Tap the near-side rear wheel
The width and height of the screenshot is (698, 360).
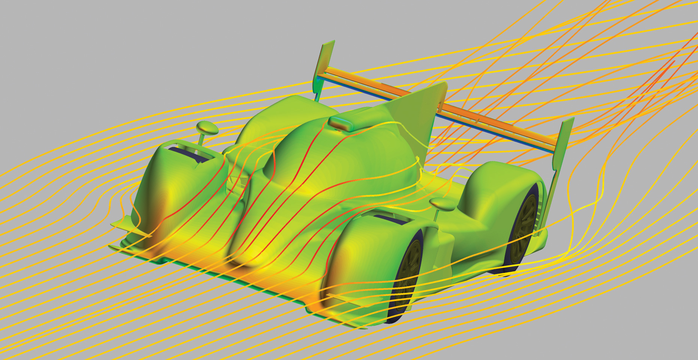point(523,229)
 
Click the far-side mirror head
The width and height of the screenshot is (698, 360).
point(208,128)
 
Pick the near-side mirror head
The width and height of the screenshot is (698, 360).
point(443,204)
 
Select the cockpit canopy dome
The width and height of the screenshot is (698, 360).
point(338,158)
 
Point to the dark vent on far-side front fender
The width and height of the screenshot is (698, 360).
point(188,154)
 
